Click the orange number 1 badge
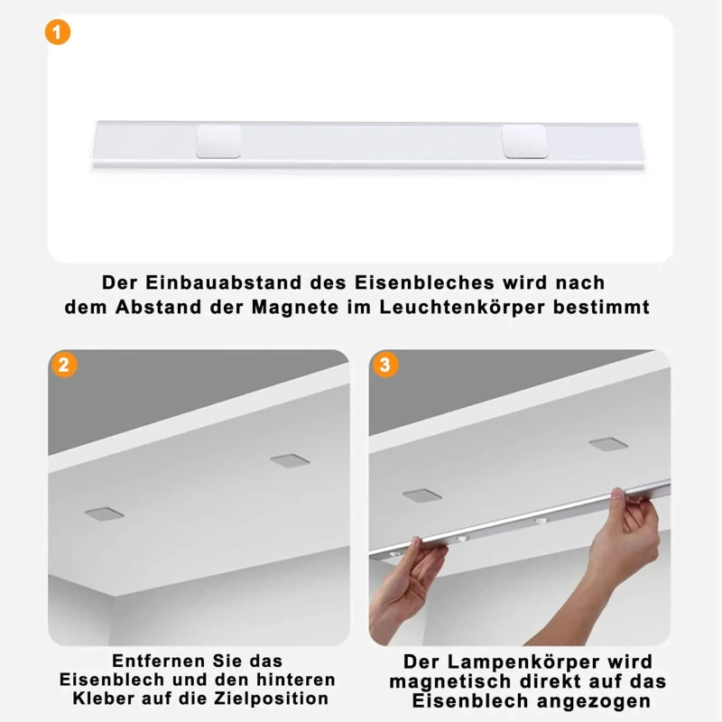point(58,32)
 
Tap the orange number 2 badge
point(64,366)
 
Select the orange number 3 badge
point(385,366)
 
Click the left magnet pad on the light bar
point(218,141)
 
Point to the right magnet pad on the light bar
point(525,141)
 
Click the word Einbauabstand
point(223,282)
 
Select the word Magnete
point(295,307)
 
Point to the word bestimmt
point(601,307)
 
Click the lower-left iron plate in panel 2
point(104,514)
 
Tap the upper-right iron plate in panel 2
point(290,460)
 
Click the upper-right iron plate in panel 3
point(608,444)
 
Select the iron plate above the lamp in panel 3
point(421,495)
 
